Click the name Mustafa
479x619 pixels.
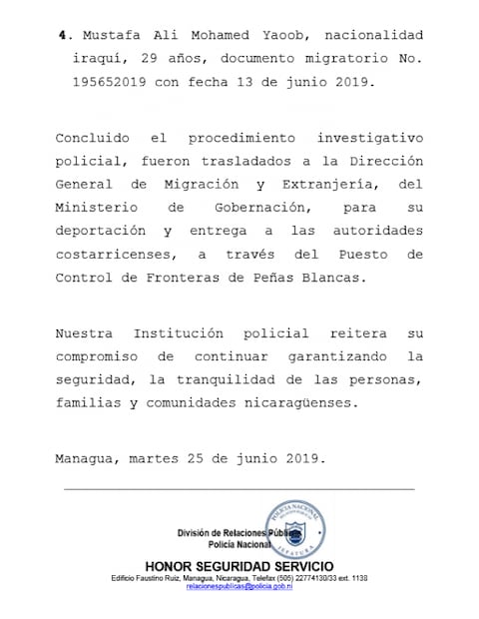tap(106, 35)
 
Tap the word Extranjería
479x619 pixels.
tap(327, 185)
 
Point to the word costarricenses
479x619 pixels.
tap(114, 257)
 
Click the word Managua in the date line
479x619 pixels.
tap(87, 460)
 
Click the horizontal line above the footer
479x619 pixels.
tap(239, 489)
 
